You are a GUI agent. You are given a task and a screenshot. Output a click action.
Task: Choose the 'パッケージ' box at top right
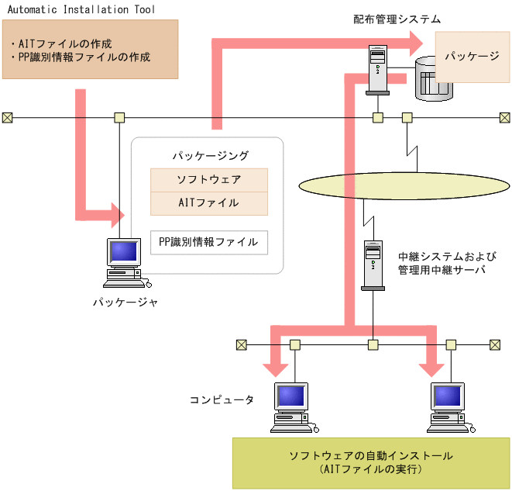coord(472,57)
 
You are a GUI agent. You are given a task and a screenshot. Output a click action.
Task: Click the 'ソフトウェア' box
coord(208,179)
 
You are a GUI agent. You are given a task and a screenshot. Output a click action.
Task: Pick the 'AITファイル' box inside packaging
coord(208,203)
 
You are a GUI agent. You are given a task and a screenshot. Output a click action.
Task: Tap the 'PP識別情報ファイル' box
coord(208,242)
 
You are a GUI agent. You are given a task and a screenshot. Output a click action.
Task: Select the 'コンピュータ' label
coord(222,399)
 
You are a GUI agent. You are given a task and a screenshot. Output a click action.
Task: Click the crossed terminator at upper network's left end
coord(7,118)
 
